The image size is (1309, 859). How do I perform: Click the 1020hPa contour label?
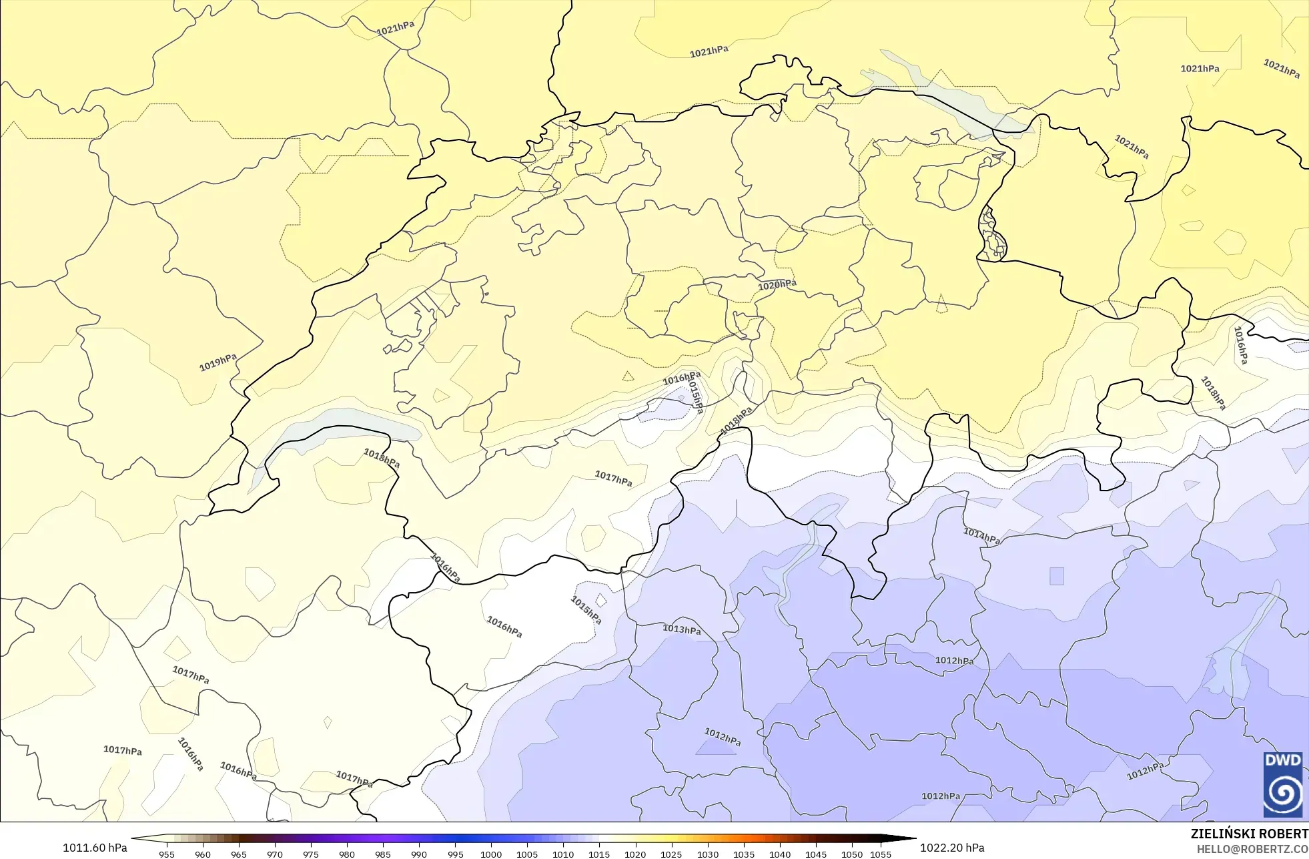coord(777,285)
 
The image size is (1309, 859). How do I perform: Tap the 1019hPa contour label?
coord(218,362)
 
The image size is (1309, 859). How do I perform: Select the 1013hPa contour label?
coord(681,629)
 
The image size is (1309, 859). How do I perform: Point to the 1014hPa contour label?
coord(981,536)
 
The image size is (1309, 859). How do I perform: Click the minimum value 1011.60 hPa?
coord(95,848)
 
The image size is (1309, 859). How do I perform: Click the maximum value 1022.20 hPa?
coord(952,848)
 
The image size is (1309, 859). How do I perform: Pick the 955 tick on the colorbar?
coord(167,854)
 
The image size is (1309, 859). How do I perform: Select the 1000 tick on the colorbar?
coord(491,854)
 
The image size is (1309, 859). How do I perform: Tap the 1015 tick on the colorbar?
coord(599,854)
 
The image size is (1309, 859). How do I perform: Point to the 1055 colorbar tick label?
coord(881,854)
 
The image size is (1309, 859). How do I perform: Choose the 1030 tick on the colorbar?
coord(708,854)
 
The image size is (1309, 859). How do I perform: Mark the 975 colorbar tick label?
coord(311,854)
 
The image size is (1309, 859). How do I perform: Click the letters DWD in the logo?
coord(1283,760)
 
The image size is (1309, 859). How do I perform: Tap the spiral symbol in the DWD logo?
coord(1283,793)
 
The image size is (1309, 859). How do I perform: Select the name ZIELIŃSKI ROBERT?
coord(1249,834)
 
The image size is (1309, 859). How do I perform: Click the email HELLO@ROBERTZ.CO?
coord(1252,850)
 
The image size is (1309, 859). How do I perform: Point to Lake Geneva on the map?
coord(334,427)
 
